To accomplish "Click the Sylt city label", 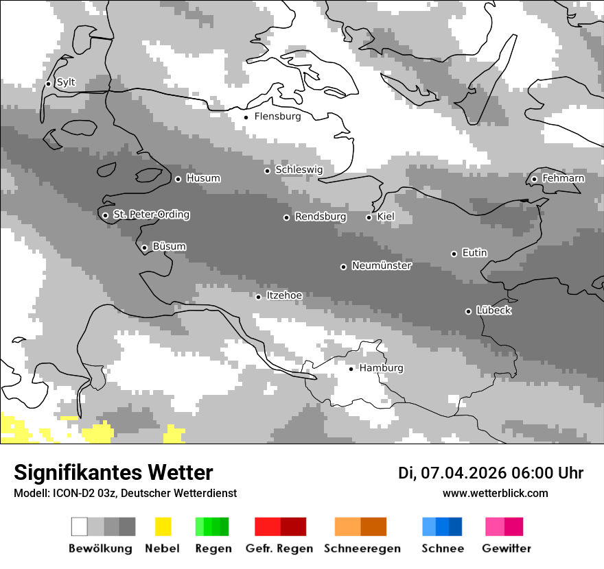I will pos(66,83).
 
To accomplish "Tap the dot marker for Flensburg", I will pos(246,117).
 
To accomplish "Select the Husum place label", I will pos(203,179).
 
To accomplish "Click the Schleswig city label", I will pos(299,170).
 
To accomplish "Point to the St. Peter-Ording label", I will pos(151,215).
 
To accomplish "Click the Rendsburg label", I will pos(321,217).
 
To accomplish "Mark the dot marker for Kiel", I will pos(369,218).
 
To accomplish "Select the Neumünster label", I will pos(382,266).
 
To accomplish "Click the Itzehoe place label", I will pos(284,296).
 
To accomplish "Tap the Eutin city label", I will pos(474,254).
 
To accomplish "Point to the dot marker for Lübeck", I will pos(468,311).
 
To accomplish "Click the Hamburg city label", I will pos(381,369).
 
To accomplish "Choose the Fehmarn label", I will pos(563,179).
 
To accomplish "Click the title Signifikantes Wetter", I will pos(113,472).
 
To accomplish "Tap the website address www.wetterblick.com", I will pos(495,494).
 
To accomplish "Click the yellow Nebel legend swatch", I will pos(163,526).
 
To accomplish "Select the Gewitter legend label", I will pos(506,548).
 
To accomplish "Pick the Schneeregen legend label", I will pos(362,548).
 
